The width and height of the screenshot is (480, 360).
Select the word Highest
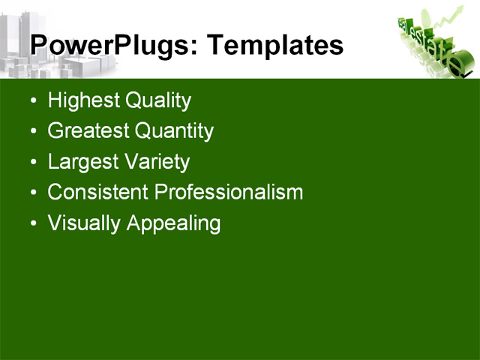click(82, 100)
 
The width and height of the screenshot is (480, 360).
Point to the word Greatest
click(88, 131)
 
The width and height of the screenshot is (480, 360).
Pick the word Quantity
click(174, 131)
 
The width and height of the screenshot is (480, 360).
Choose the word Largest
click(80, 162)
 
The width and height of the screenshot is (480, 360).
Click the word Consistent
click(97, 192)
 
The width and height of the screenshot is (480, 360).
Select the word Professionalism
click(229, 192)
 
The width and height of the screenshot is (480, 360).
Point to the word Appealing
click(173, 223)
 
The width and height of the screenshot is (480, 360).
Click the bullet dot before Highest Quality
click(32, 101)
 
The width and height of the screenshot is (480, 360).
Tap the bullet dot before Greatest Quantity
click(32, 132)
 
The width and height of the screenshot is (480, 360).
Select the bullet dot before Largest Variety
click(32, 163)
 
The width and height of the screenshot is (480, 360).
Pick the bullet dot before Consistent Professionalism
click(32, 193)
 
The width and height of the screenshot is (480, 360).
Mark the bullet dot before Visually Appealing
click(32, 224)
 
